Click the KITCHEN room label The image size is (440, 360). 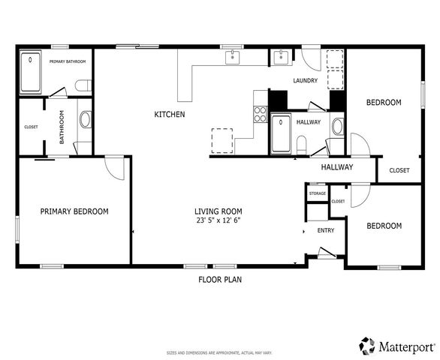pyautogui.click(x=169, y=114)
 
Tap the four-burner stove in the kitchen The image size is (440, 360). pyautogui.click(x=261, y=114)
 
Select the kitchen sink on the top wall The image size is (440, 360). pyautogui.click(x=233, y=55)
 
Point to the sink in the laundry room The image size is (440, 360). pyautogui.click(x=280, y=57)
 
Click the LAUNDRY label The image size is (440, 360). pyautogui.click(x=305, y=81)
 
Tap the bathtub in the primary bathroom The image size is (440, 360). pyautogui.click(x=31, y=71)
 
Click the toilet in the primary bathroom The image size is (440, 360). pyautogui.click(x=83, y=85)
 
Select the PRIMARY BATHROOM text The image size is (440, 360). pyautogui.click(x=68, y=61)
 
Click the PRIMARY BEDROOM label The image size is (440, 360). pyautogui.click(x=74, y=211)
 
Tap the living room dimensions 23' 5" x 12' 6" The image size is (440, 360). pyautogui.click(x=218, y=220)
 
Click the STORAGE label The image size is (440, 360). pyautogui.click(x=318, y=193)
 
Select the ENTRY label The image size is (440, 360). pyautogui.click(x=326, y=230)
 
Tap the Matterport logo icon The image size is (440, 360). pyautogui.click(x=367, y=345)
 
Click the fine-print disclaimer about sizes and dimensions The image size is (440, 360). pyautogui.click(x=219, y=352)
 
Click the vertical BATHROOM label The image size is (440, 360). pyautogui.click(x=62, y=127)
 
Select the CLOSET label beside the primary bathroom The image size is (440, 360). pyautogui.click(x=32, y=127)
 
